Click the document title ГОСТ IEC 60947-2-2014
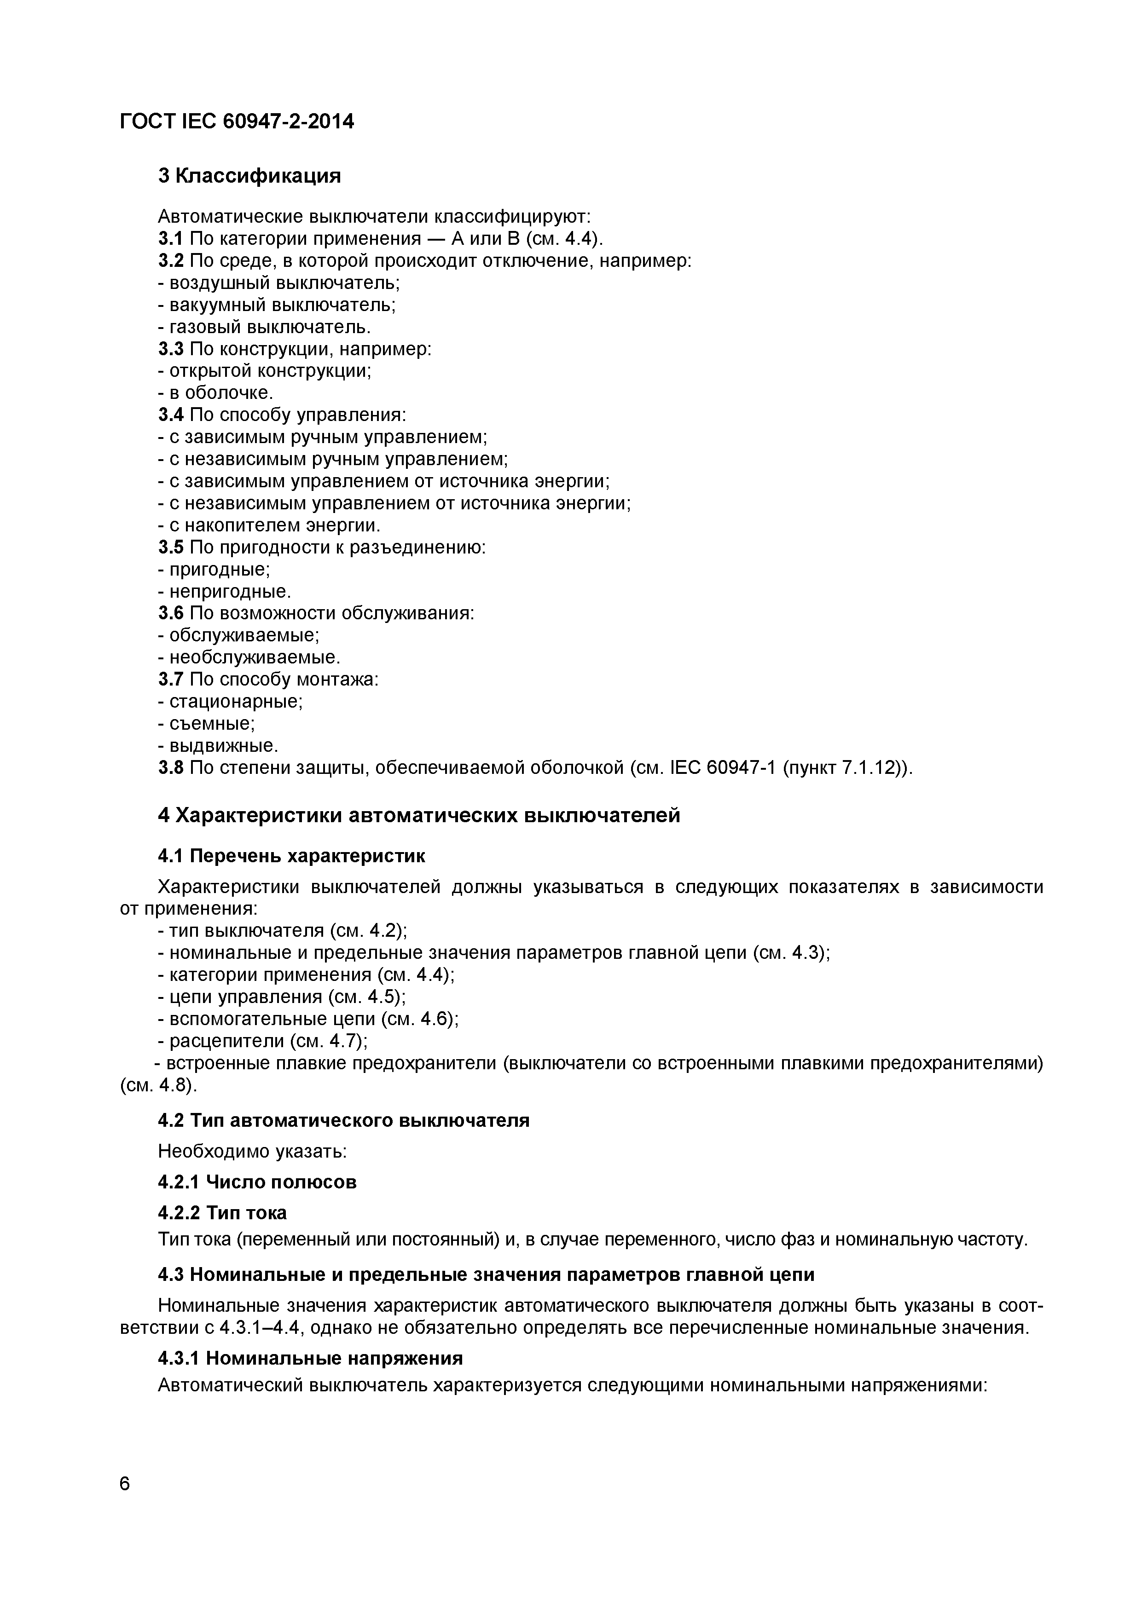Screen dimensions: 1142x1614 click(237, 122)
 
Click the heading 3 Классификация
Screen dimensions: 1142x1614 click(249, 176)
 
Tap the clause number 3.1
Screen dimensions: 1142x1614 click(170, 239)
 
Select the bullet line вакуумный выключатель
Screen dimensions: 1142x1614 click(277, 305)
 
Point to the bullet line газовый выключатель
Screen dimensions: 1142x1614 click(264, 327)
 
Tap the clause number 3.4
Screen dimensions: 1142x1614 click(170, 415)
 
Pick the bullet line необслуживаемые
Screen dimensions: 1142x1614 click(249, 657)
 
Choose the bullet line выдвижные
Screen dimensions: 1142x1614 click(219, 745)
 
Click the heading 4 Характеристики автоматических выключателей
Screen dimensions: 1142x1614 click(419, 815)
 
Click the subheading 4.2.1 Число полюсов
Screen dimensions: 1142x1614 click(257, 1182)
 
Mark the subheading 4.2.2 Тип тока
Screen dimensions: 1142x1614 click(222, 1213)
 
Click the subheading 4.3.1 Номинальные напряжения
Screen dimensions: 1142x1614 click(310, 1357)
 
